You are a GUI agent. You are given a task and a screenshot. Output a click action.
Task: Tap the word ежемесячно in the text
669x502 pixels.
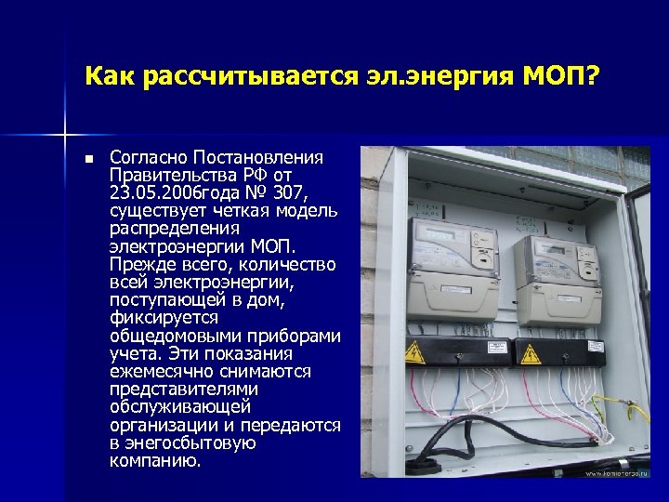click(156, 371)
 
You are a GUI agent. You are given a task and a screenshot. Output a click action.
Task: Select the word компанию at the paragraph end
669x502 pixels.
click(154, 460)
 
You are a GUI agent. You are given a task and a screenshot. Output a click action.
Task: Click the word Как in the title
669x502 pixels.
click(109, 73)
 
